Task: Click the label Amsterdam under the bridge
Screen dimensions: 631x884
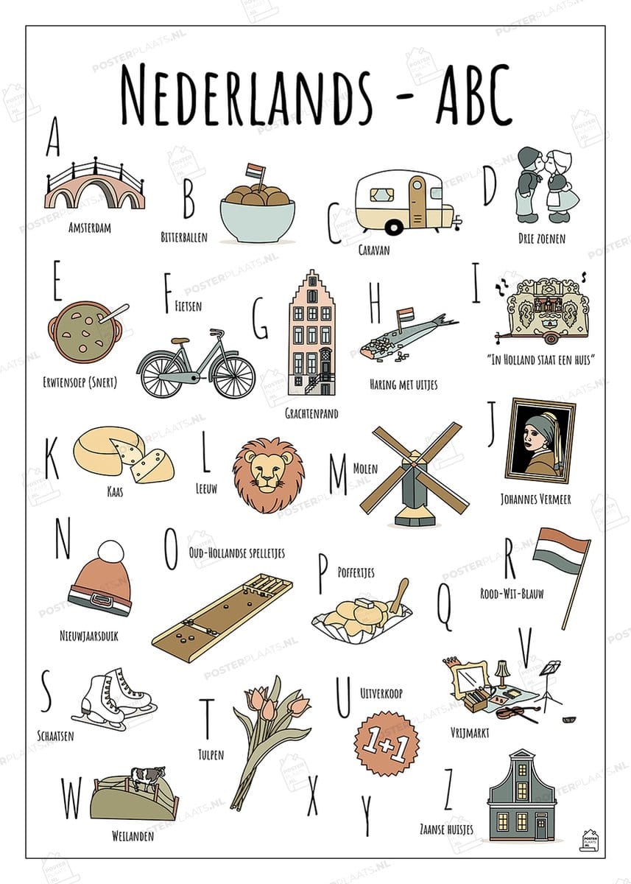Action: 90,228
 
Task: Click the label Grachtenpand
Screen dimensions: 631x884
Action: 311,413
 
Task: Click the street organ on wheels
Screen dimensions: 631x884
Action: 543,310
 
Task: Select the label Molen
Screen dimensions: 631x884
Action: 365,469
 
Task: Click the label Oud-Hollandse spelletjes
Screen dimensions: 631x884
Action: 236,553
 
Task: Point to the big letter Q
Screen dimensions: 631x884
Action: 444,608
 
